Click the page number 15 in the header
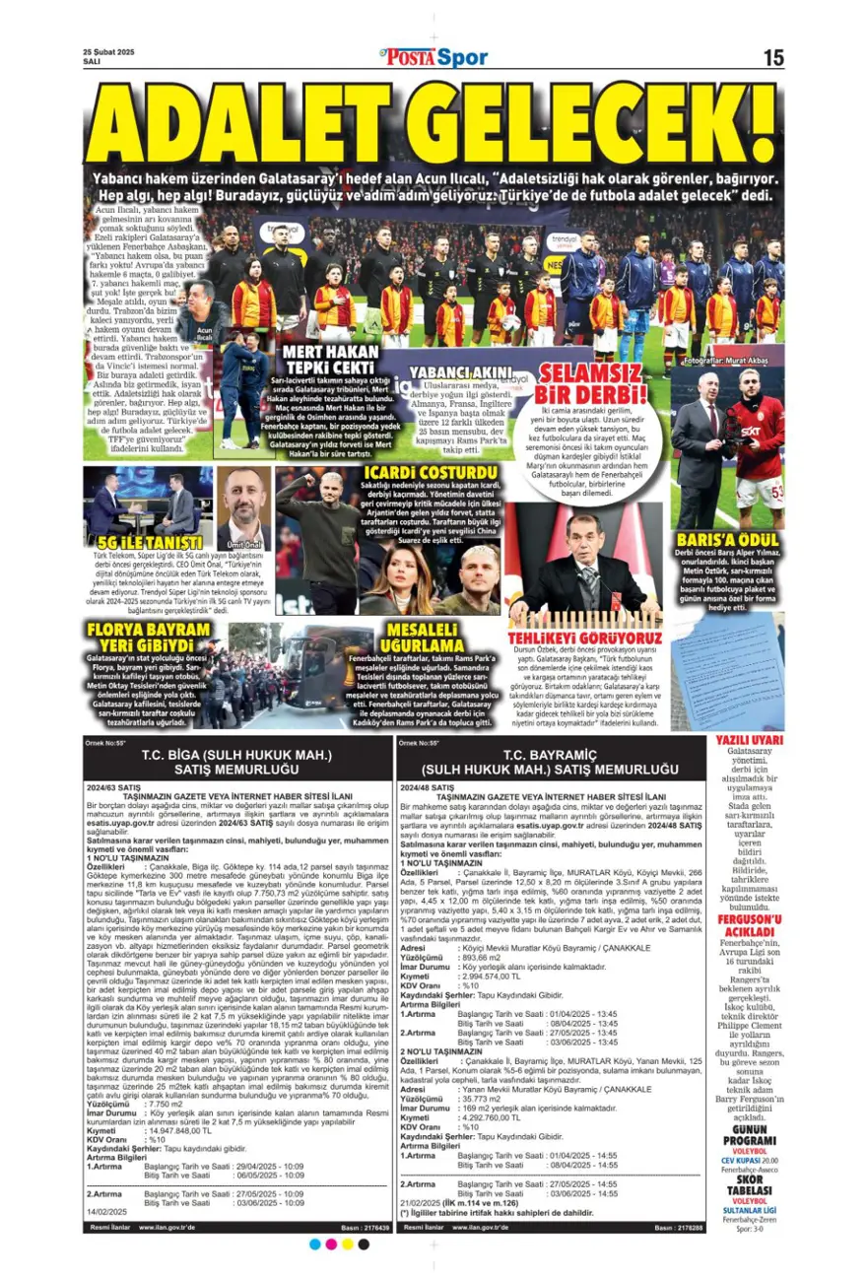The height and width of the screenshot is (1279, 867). pyautogui.click(x=773, y=58)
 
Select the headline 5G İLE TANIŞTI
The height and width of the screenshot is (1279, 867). pyautogui.click(x=142, y=542)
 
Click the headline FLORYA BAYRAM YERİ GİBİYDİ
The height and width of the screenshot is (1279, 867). pyautogui.click(x=148, y=638)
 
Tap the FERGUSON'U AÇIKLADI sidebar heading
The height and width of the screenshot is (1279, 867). pyautogui.click(x=751, y=925)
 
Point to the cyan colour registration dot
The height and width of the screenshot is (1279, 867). pyautogui.click(x=315, y=1245)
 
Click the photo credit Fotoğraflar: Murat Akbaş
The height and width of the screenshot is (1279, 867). pyautogui.click(x=732, y=361)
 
